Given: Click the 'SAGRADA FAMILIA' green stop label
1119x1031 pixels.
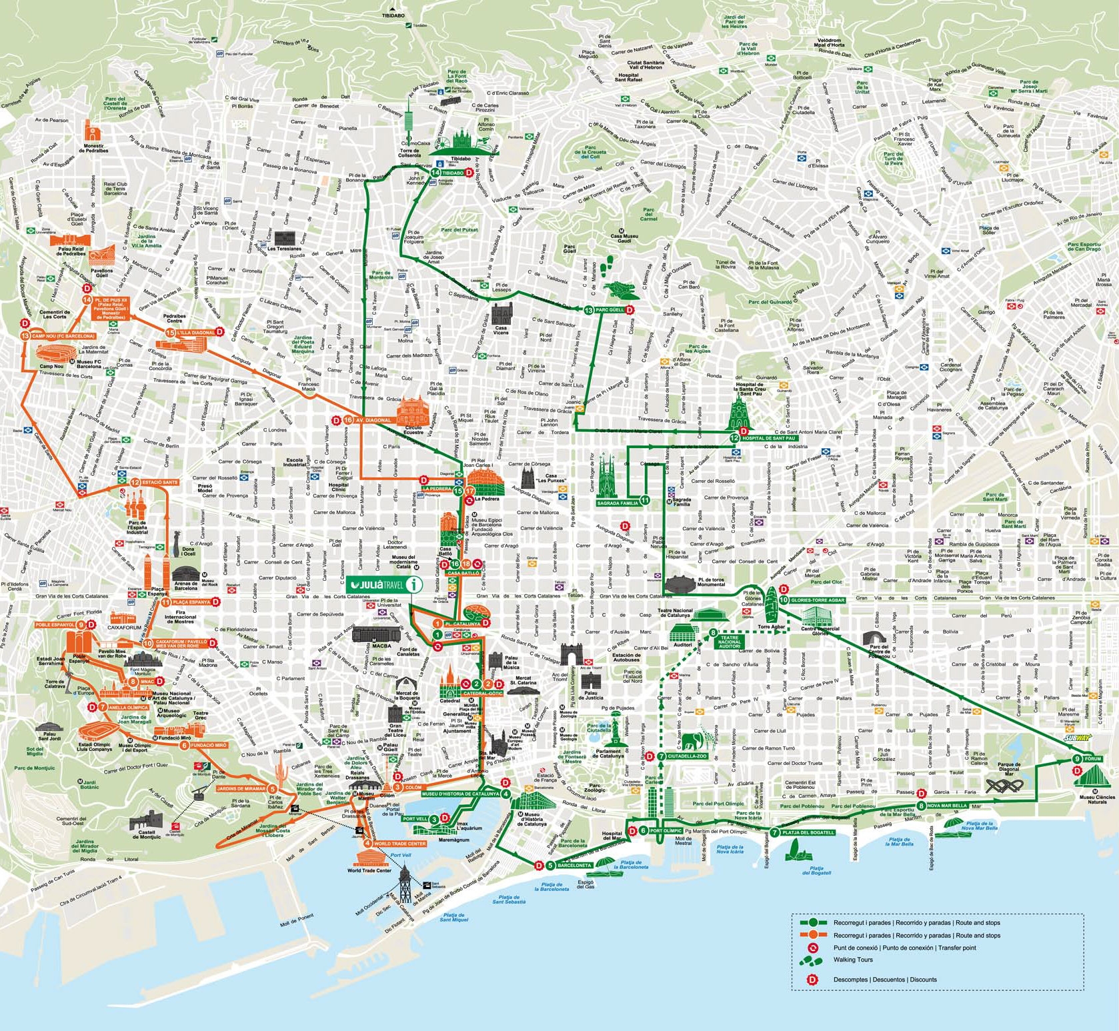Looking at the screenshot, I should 618,503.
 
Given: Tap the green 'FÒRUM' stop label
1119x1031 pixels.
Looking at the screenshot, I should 1092,759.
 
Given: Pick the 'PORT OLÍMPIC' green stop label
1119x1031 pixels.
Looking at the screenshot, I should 665,830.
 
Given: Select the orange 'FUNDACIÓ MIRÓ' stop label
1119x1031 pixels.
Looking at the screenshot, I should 208,745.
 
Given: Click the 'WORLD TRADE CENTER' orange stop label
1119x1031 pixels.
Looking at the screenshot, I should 399,844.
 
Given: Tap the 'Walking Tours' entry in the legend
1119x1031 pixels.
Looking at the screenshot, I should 853,960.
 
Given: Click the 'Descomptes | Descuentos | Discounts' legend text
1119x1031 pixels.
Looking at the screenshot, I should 884,980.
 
